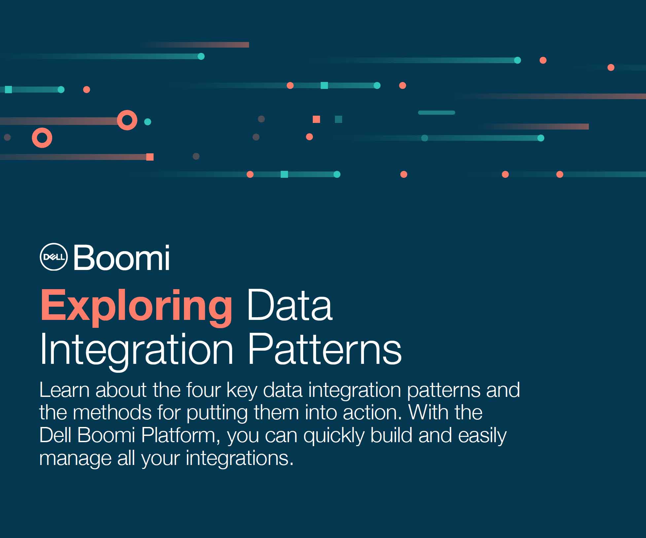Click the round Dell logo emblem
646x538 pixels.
[54, 257]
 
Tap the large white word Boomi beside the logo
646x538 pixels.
[122, 257]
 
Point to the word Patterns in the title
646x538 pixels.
[324, 349]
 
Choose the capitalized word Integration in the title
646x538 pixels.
[136, 352]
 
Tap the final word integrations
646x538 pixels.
[239, 459]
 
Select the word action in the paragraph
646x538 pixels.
[373, 412]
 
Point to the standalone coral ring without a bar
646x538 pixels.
[42, 129]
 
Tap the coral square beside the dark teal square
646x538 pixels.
[316, 119]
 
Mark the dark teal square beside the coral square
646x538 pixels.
[339, 119]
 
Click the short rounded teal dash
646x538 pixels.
[437, 113]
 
